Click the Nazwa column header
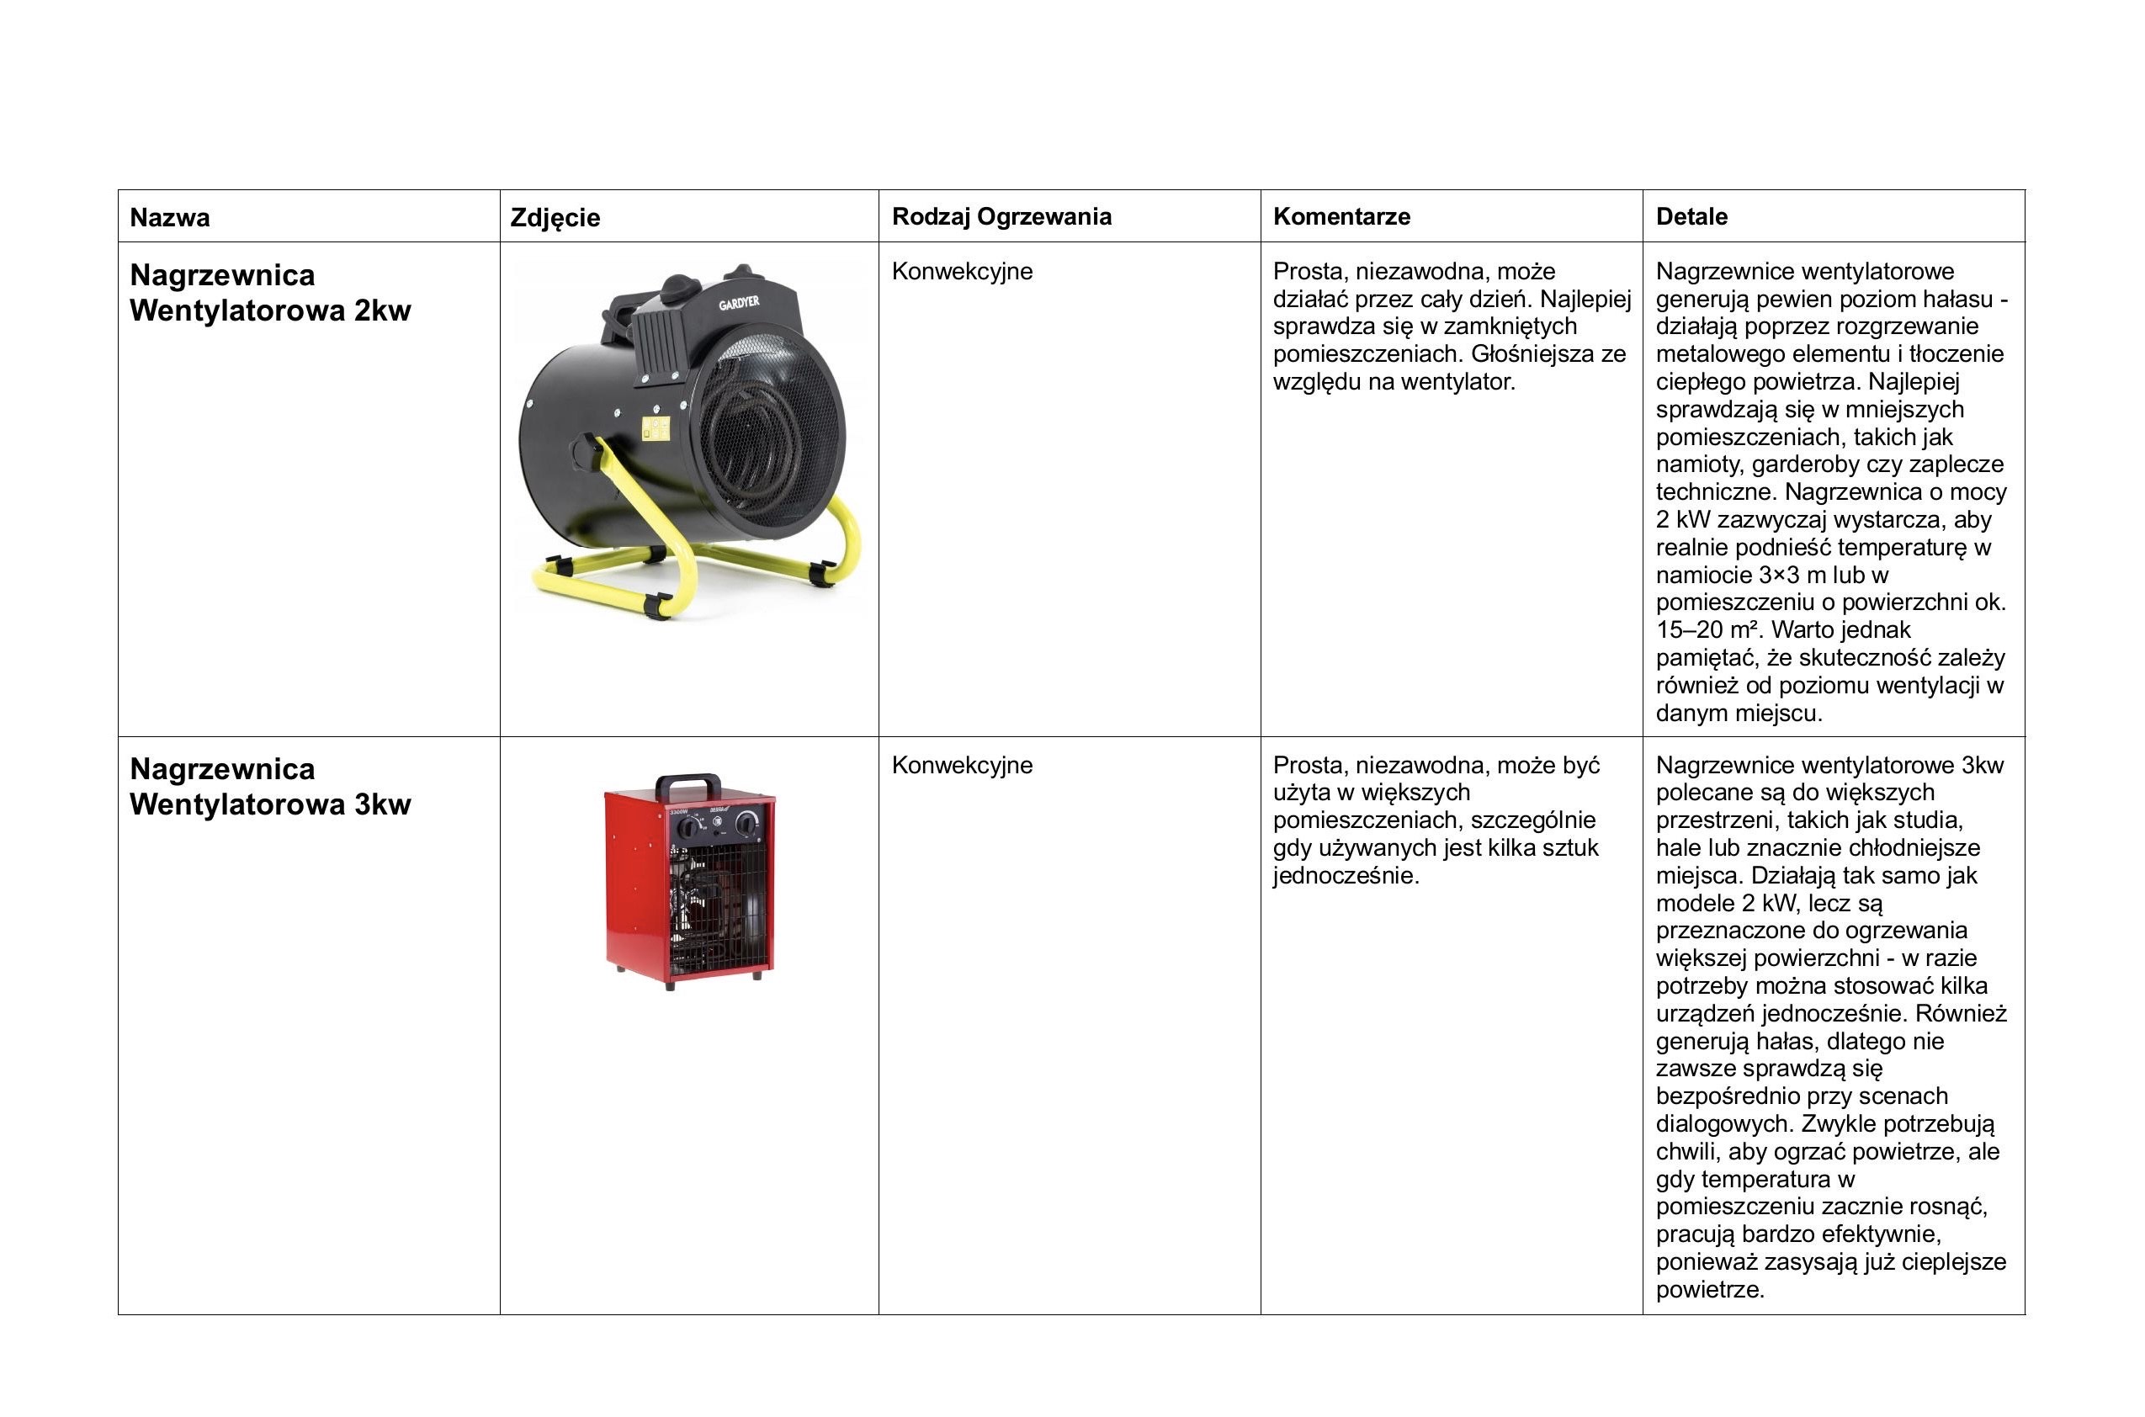[170, 217]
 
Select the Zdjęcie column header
[555, 217]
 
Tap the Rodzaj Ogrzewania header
[1001, 216]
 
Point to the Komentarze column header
[1341, 216]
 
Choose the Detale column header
[1691, 216]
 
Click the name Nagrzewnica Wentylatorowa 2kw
[270, 292]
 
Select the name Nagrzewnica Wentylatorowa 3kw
[270, 786]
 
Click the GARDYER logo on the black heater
[739, 303]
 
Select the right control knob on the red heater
[746, 823]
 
